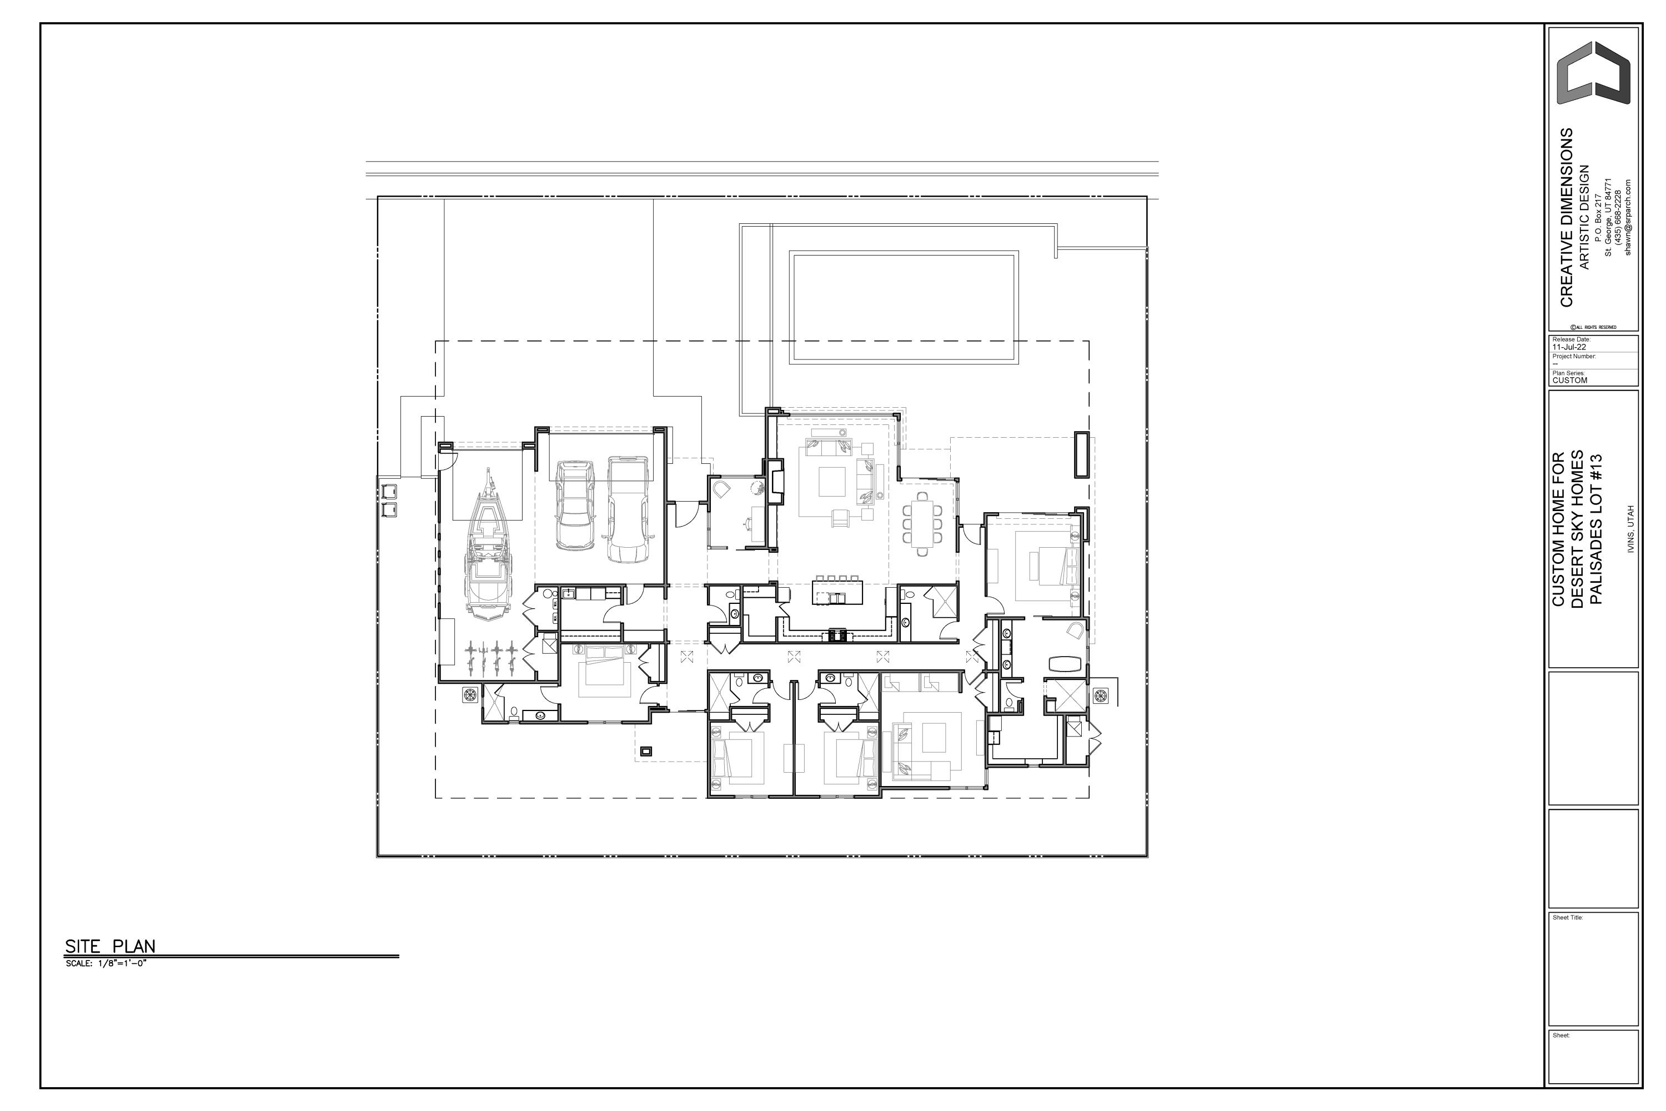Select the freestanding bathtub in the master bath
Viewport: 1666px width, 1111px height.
[x=1065, y=663]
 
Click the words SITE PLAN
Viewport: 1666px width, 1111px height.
[x=110, y=946]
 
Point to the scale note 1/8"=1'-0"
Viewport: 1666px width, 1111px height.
[x=106, y=964]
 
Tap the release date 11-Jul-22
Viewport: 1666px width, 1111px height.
[x=1569, y=347]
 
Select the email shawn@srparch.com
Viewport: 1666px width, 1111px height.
[x=1628, y=217]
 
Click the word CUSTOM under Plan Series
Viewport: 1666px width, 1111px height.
[x=1570, y=381]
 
